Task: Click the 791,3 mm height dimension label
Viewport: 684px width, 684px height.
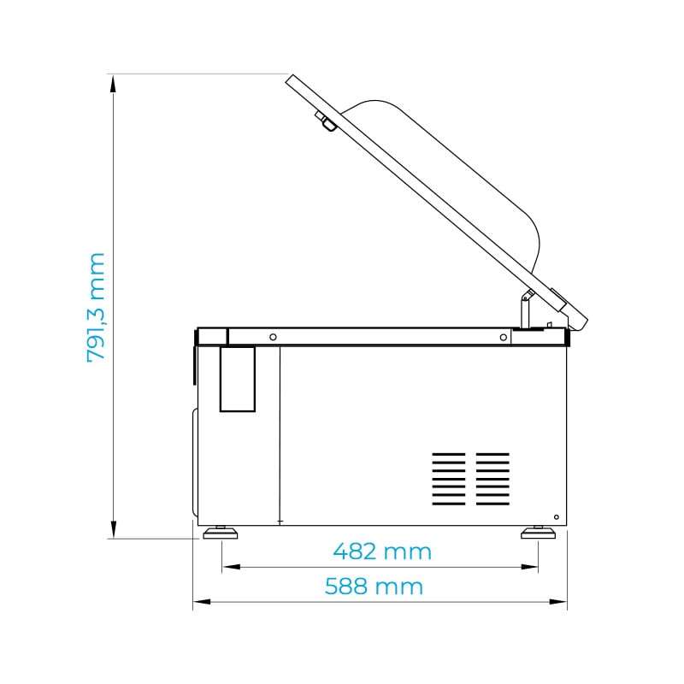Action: point(96,306)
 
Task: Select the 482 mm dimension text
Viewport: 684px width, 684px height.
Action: point(381,551)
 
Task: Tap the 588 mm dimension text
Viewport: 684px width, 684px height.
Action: point(374,587)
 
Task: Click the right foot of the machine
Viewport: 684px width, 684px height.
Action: point(538,533)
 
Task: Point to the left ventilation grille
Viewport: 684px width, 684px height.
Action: point(449,476)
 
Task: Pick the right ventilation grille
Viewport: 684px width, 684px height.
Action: point(492,476)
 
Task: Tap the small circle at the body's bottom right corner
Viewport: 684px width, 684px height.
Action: point(557,517)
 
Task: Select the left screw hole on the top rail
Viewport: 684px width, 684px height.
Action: point(273,337)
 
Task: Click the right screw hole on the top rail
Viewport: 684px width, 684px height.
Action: point(502,337)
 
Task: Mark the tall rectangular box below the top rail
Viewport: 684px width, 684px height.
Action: point(238,378)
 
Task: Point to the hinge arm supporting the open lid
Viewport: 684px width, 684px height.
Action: point(524,307)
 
